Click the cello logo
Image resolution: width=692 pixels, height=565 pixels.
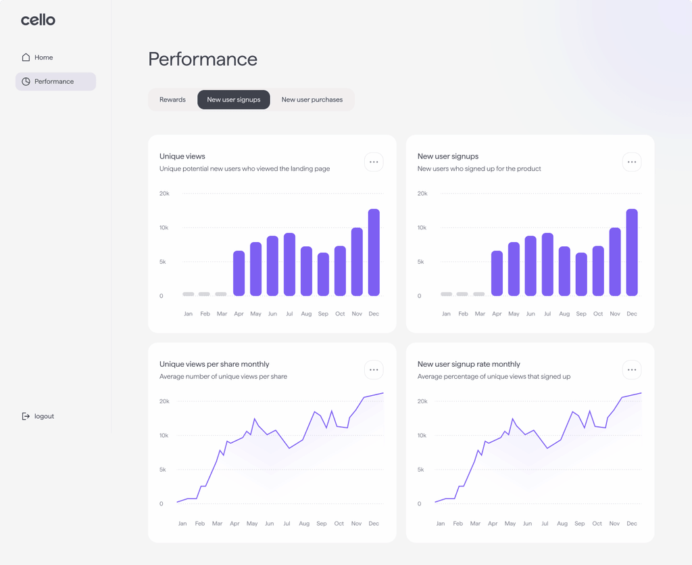[x=38, y=20]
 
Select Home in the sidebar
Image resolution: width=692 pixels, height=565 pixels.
[x=38, y=58]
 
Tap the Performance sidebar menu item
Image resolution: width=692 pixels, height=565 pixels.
[x=55, y=82]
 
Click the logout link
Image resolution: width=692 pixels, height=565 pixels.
[x=38, y=416]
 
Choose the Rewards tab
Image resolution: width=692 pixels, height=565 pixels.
[x=172, y=100]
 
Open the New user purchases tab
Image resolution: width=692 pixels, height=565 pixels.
[x=312, y=100]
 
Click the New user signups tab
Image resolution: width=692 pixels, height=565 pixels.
[x=233, y=100]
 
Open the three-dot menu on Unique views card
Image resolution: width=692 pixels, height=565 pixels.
[x=374, y=162]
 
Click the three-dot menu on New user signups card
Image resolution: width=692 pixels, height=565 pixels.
[x=632, y=162]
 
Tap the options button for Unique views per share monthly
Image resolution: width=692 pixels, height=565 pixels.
[x=374, y=369]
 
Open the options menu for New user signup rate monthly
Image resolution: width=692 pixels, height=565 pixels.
[x=632, y=369]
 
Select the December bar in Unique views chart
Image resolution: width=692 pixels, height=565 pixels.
[x=374, y=252]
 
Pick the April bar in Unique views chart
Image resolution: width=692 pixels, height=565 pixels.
[x=239, y=273]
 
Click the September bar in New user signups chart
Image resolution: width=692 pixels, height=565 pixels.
[x=581, y=274]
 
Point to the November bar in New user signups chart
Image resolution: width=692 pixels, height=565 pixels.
[x=615, y=261]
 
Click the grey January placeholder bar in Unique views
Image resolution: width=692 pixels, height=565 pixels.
[x=189, y=294]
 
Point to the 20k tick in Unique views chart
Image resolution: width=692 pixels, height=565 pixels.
[x=164, y=194]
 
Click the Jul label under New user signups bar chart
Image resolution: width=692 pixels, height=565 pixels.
[x=547, y=314]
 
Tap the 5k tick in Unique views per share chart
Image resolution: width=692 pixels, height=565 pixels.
[x=163, y=470]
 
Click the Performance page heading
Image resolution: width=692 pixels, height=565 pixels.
[x=203, y=59]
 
